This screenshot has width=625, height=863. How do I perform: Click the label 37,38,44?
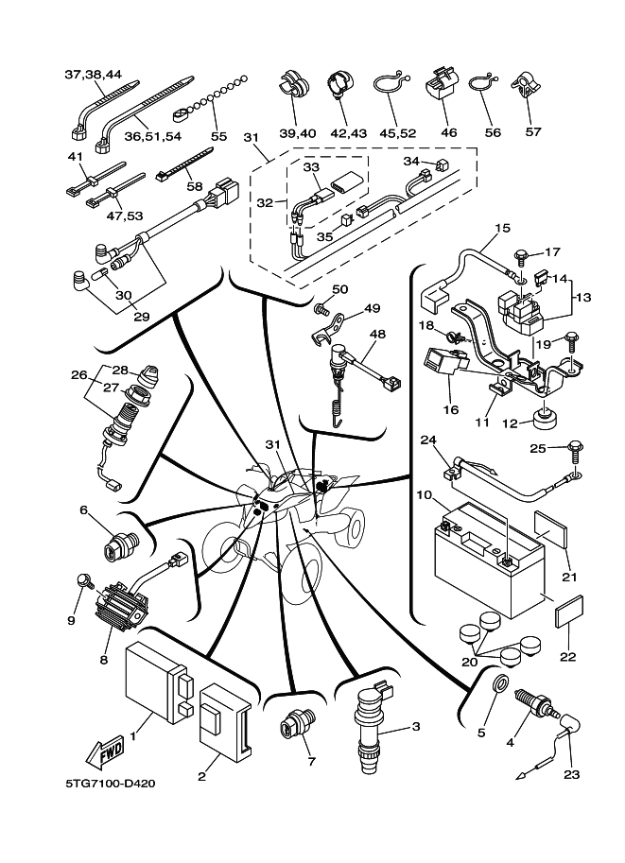93,74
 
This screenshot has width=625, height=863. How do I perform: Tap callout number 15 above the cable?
502,229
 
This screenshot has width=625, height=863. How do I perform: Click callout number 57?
532,132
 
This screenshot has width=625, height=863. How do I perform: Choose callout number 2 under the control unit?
201,777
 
